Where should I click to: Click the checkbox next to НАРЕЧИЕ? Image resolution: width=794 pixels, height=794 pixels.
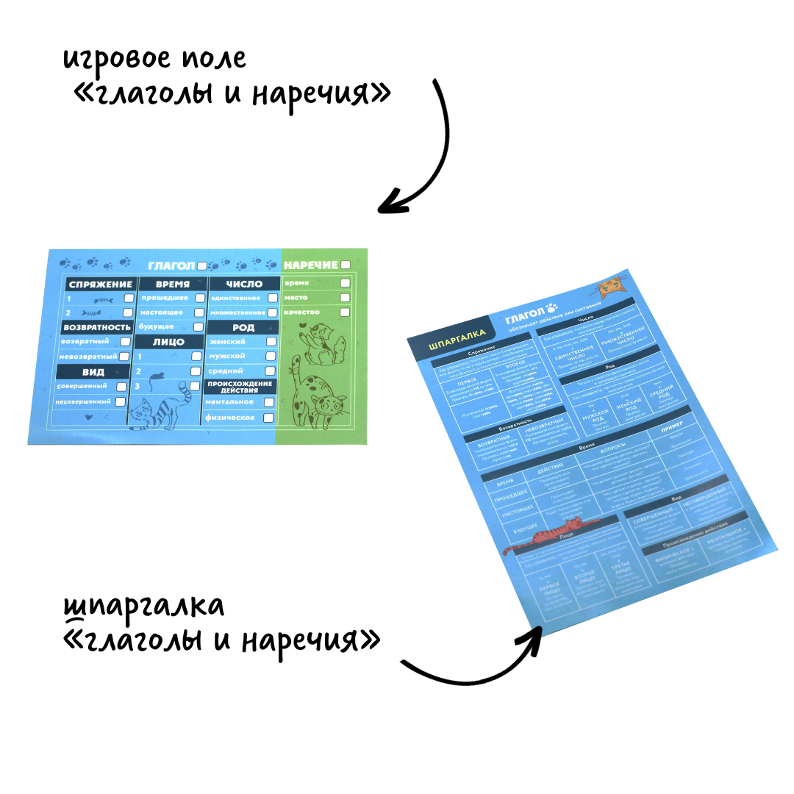pos(346,265)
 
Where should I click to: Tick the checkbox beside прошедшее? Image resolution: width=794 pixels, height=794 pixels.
pos(198,298)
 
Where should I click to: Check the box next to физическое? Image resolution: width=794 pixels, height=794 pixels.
pos(269,418)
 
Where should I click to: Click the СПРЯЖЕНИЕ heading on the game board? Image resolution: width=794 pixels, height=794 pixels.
pos(100,284)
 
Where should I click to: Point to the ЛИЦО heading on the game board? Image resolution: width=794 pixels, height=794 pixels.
pos(168,342)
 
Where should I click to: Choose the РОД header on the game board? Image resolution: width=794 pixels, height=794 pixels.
pos(243,328)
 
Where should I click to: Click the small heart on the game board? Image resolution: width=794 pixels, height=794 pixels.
pos(89,417)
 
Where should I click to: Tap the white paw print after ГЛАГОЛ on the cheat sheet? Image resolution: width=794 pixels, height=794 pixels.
pos(553,307)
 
